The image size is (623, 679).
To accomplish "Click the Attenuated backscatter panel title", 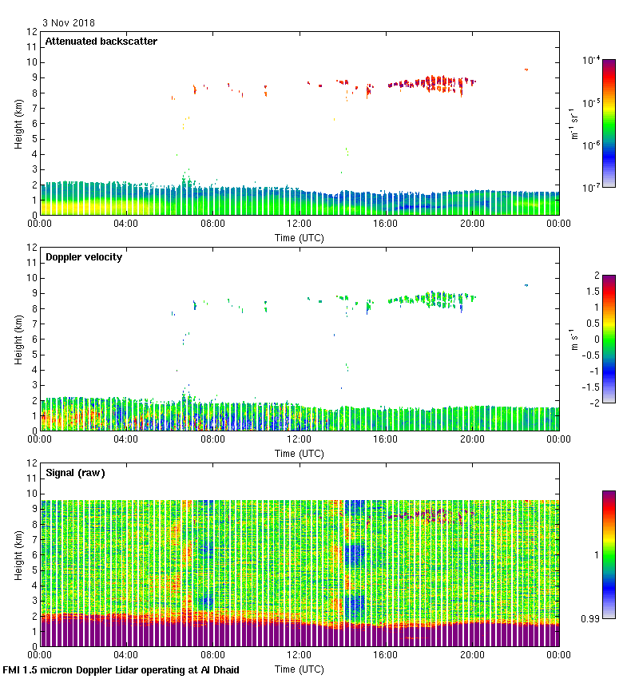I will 101,42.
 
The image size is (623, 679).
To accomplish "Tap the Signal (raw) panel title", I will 75,473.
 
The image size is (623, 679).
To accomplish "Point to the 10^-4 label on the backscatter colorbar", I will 592,59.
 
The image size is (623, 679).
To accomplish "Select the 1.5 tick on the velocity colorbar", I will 591,291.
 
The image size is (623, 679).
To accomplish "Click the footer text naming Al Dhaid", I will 121,669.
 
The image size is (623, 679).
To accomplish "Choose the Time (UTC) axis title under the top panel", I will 300,237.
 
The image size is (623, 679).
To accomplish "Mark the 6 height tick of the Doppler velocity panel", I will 34,339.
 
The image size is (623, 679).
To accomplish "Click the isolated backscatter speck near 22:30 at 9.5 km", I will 526,69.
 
